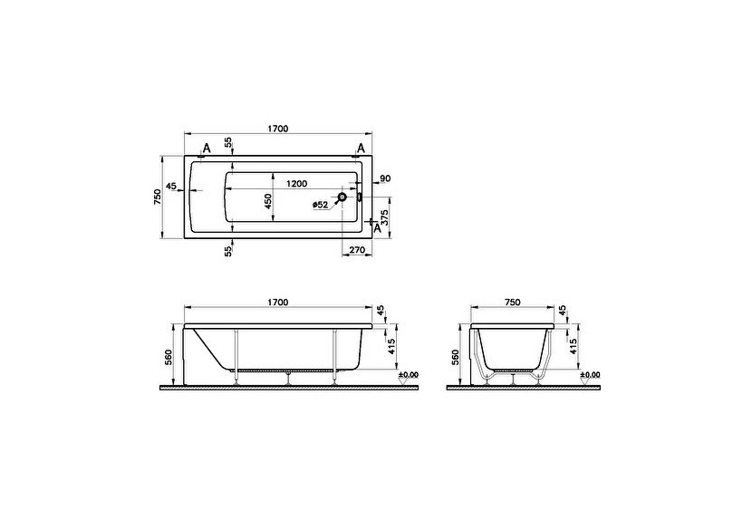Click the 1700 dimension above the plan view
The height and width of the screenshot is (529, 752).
coord(277,129)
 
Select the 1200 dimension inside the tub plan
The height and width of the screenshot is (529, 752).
coord(296,183)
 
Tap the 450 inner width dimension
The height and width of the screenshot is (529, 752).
coord(268,201)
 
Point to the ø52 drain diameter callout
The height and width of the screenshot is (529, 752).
coord(320,206)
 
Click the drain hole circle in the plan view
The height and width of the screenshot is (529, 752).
coord(342,197)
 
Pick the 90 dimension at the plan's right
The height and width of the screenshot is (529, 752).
coord(385,178)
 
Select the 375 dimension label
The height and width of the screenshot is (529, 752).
coord(384,217)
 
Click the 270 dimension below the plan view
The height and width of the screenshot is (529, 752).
coord(356,250)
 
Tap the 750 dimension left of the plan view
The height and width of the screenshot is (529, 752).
coord(158,197)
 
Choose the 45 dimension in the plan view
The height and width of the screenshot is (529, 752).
coord(171,188)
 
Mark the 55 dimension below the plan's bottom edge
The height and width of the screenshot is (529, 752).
coord(228,251)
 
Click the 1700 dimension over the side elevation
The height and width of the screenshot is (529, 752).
coord(277,302)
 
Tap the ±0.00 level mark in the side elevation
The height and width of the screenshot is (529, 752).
coord(409,374)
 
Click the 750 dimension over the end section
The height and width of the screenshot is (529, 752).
coord(513,302)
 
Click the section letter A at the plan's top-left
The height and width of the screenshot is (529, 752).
coord(207,148)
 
